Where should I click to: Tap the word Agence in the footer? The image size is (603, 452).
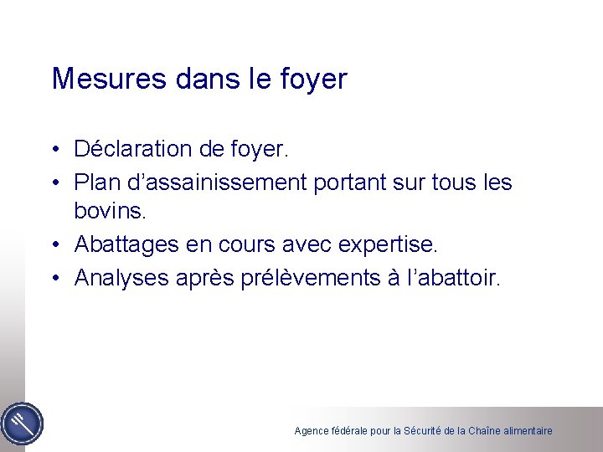pos(311,431)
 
